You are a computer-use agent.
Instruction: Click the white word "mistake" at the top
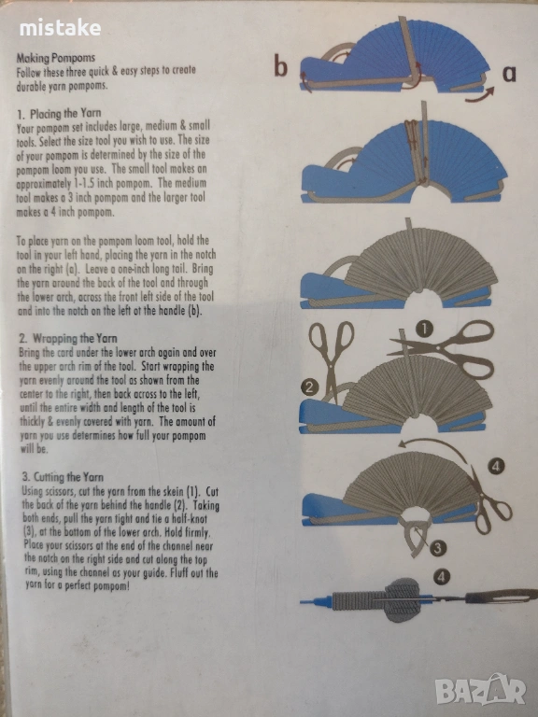(x=60, y=28)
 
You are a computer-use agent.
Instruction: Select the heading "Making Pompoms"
(x=56, y=58)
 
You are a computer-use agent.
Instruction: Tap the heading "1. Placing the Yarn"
(x=59, y=113)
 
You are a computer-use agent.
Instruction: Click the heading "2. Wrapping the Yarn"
(x=68, y=338)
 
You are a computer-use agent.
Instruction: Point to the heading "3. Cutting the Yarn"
(x=63, y=477)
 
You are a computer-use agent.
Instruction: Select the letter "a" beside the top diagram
(x=509, y=73)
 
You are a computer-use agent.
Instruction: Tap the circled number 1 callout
(x=424, y=329)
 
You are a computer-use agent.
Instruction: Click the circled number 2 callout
(x=309, y=387)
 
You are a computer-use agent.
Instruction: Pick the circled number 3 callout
(x=437, y=548)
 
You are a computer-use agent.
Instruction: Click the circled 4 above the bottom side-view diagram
(x=441, y=577)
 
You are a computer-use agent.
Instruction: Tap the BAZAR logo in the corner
(x=480, y=690)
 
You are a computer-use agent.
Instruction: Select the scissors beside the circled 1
(x=442, y=348)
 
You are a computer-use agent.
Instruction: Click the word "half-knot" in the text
(x=190, y=519)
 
